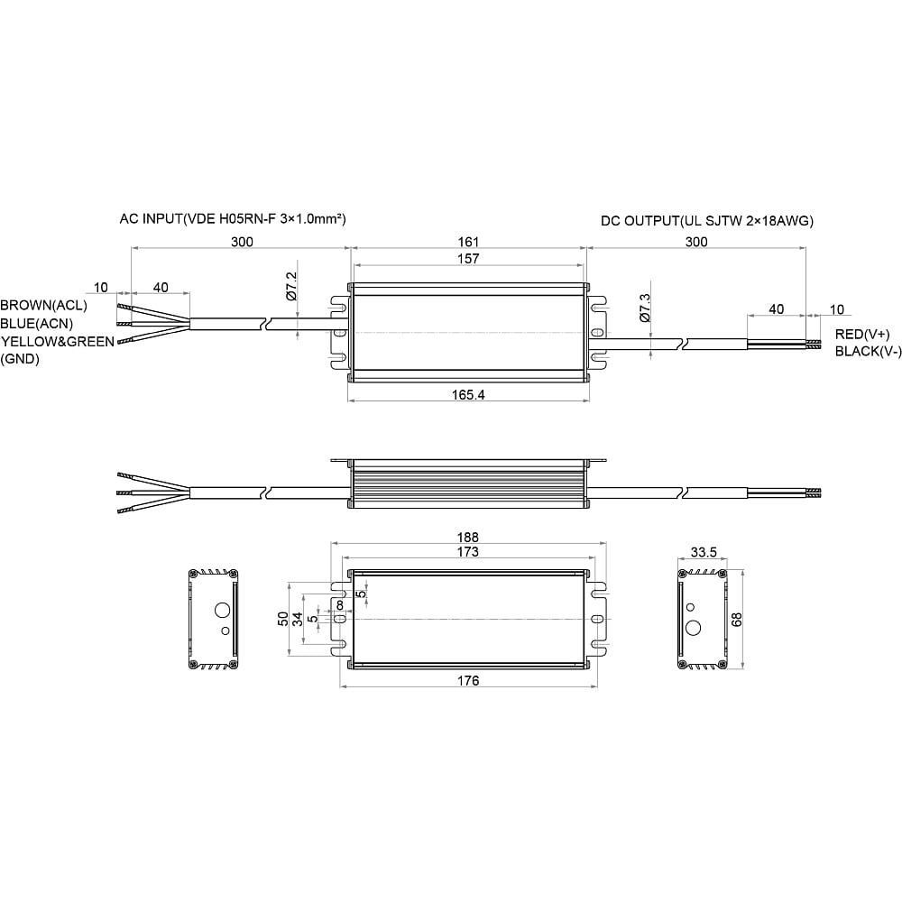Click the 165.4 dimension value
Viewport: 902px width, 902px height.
coord(467,395)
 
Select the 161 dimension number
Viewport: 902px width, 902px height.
coord(468,242)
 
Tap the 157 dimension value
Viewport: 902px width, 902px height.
coord(468,259)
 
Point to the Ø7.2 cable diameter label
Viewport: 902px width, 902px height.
coord(291,287)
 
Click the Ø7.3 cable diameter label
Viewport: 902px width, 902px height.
coord(644,308)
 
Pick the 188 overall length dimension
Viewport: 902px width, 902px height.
coord(467,538)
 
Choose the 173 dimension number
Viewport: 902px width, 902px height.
coord(467,552)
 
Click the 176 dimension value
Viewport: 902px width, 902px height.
coord(468,680)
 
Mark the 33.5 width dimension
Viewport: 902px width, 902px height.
coord(704,552)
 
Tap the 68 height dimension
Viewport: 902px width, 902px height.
coord(736,620)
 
